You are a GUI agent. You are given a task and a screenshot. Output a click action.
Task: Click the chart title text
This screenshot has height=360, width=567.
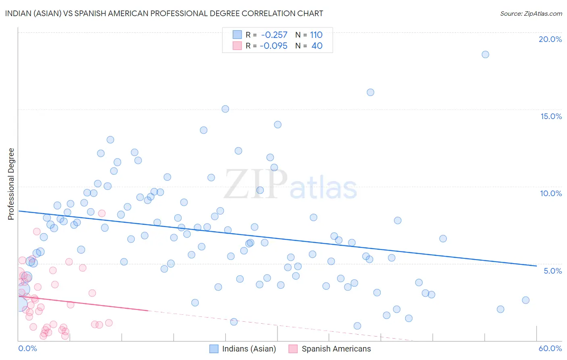pyautogui.click(x=164, y=13)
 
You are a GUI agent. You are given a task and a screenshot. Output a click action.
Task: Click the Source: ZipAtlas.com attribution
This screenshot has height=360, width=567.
pyautogui.click(x=531, y=13)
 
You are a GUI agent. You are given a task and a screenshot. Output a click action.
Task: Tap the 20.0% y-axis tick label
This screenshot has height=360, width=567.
pyautogui.click(x=550, y=39)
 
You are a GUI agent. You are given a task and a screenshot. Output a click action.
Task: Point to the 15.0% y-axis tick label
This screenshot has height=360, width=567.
pyautogui.click(x=551, y=116)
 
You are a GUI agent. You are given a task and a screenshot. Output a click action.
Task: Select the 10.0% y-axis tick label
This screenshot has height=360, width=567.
pyautogui.click(x=551, y=193)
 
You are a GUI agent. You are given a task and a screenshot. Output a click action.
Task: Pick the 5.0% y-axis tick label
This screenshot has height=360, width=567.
pyautogui.click(x=552, y=271)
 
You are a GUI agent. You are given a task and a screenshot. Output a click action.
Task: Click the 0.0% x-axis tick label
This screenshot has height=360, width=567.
pyautogui.click(x=27, y=348)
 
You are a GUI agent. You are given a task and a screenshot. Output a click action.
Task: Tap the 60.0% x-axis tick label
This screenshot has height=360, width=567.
pyautogui.click(x=550, y=348)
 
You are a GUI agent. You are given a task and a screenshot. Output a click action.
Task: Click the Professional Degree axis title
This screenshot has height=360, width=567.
pyautogui.click(x=11, y=184)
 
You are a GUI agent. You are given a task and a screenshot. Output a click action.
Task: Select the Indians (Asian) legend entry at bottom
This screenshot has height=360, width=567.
pyautogui.click(x=243, y=349)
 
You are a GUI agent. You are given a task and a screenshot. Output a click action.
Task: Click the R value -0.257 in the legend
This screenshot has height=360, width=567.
pyautogui.click(x=274, y=35)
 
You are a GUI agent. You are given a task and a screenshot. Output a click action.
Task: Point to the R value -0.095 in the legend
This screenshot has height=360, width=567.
pyautogui.click(x=273, y=46)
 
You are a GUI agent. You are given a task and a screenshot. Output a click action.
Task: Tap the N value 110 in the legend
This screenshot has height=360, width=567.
pyautogui.click(x=316, y=35)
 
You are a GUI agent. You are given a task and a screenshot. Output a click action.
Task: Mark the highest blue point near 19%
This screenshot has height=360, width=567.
pyautogui.click(x=485, y=54)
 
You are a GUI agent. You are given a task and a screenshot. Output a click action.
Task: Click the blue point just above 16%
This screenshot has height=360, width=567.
pyautogui.click(x=370, y=92)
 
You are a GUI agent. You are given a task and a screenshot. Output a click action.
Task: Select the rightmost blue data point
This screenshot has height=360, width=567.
pyautogui.click(x=525, y=300)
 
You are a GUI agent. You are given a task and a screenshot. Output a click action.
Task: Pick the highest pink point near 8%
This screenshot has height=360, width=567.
pyautogui.click(x=102, y=213)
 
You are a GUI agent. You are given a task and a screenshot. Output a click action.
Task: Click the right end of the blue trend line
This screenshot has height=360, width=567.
pyautogui.click(x=536, y=266)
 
